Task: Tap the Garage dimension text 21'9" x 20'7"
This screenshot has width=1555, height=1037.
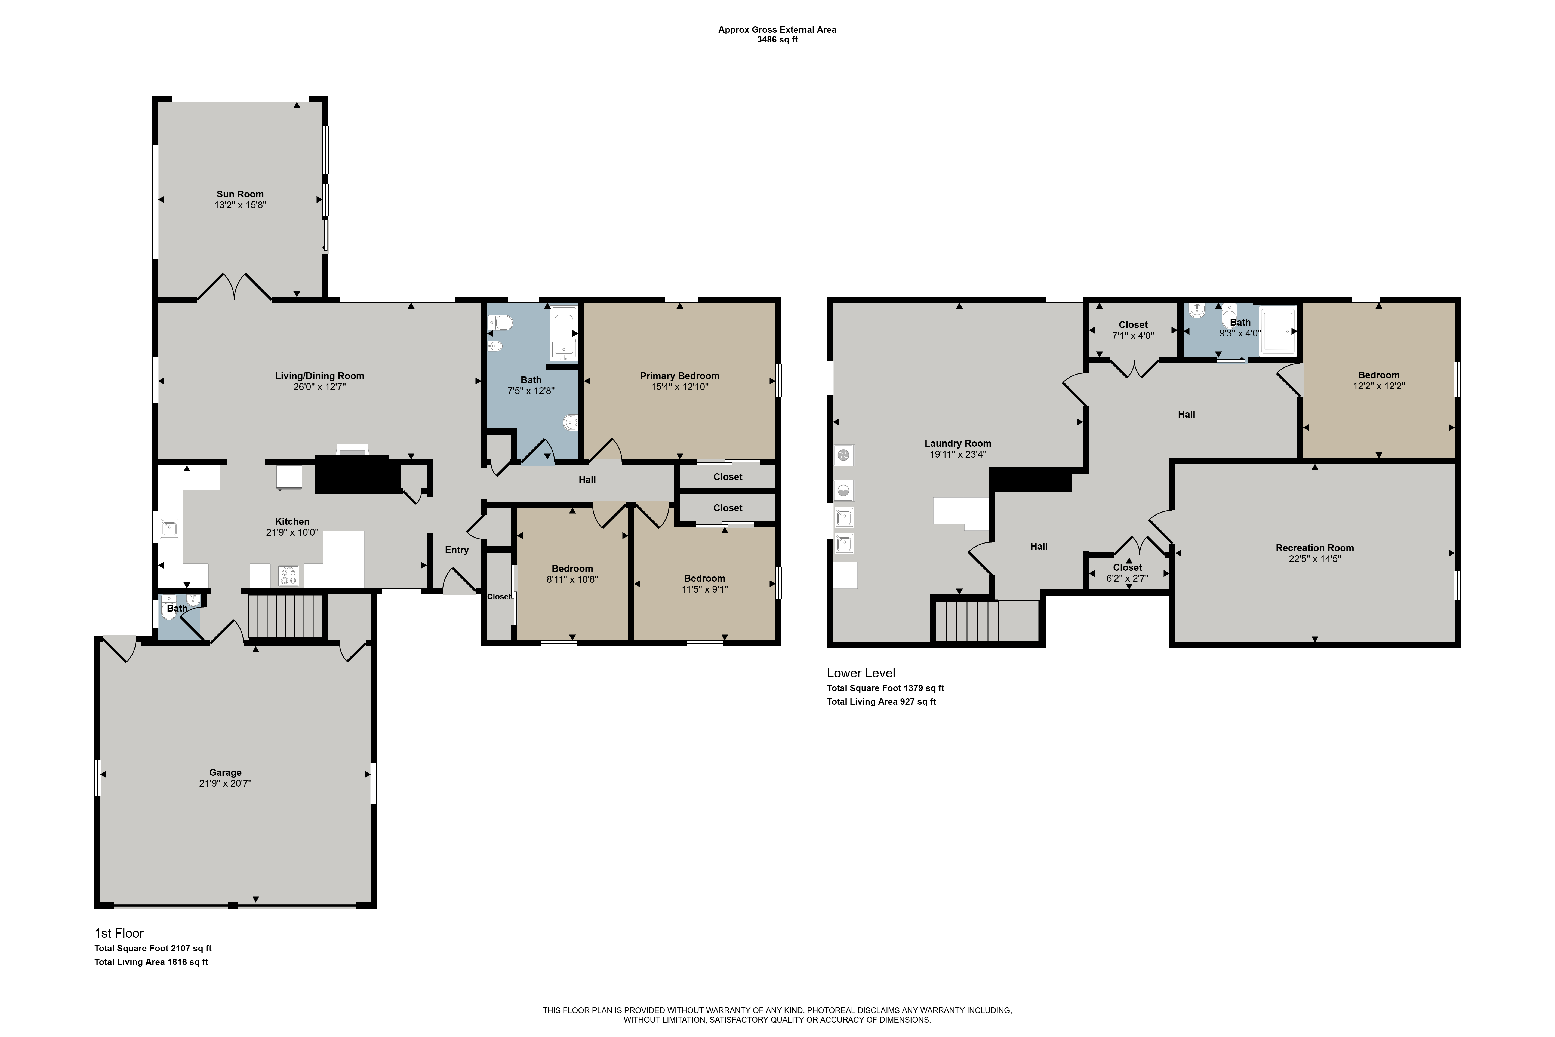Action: tap(226, 783)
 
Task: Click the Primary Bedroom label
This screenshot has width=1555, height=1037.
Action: tap(680, 376)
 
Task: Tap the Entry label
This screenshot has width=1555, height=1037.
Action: tap(457, 550)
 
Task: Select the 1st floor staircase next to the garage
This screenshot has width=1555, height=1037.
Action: tap(285, 616)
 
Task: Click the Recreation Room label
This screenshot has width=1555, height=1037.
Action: tap(1315, 548)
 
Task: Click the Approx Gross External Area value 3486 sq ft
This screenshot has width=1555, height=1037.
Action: tap(778, 40)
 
